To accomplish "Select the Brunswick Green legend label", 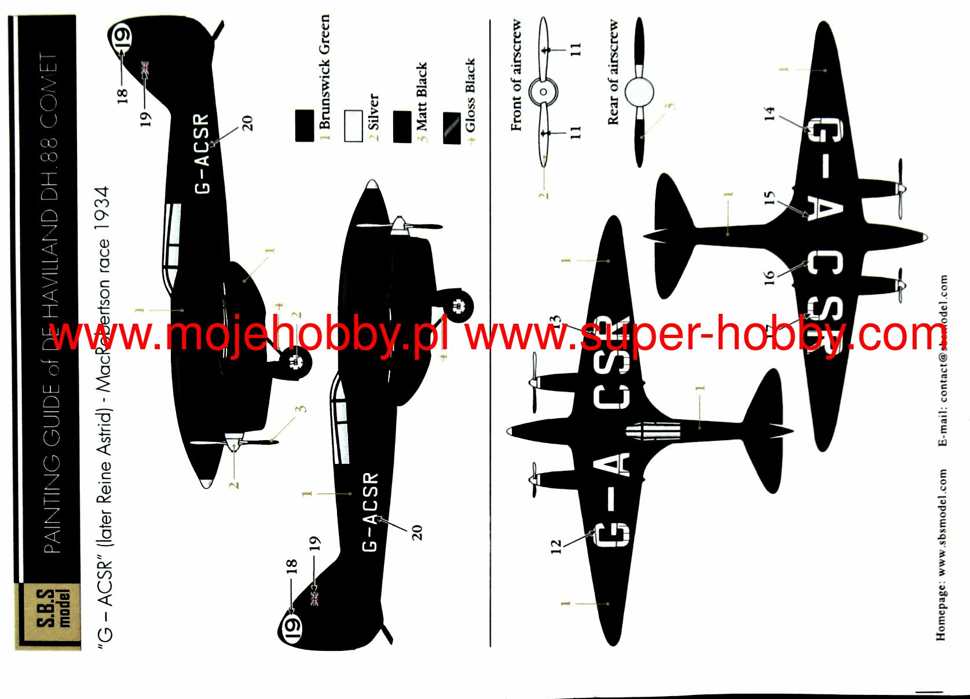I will (324, 72).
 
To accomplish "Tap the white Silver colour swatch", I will (353, 125).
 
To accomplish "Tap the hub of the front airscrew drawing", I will (543, 92).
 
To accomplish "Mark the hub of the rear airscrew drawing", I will (639, 92).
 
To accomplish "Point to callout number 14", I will (769, 113).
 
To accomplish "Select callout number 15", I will (769, 199).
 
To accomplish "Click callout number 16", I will (769, 277).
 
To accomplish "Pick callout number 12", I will (556, 546).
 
